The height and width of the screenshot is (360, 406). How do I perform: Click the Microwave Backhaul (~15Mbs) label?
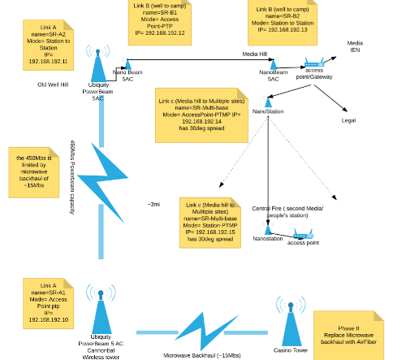(x=201, y=355)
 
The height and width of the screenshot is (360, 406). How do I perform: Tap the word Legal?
(x=349, y=119)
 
